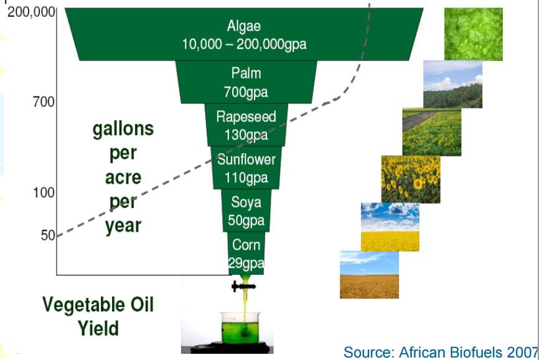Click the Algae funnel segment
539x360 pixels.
click(244, 34)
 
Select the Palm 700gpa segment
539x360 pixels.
click(246, 82)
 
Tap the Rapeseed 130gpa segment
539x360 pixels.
click(246, 125)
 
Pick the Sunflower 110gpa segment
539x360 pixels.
click(246, 168)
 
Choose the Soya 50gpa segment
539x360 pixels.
click(246, 211)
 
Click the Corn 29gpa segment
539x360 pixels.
click(246, 253)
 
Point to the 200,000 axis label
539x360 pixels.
click(31, 12)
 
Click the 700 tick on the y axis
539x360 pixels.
click(44, 102)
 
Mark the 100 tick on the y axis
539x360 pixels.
click(44, 192)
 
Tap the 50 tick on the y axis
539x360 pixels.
click(48, 235)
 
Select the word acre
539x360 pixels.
click(123, 178)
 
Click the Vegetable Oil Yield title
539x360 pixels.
click(98, 316)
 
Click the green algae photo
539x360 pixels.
click(474, 34)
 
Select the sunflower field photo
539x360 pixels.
click(411, 179)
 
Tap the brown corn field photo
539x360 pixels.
click(369, 275)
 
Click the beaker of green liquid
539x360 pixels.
click(241, 328)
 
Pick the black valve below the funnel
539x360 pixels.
click(243, 286)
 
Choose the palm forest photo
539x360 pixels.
click(452, 84)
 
